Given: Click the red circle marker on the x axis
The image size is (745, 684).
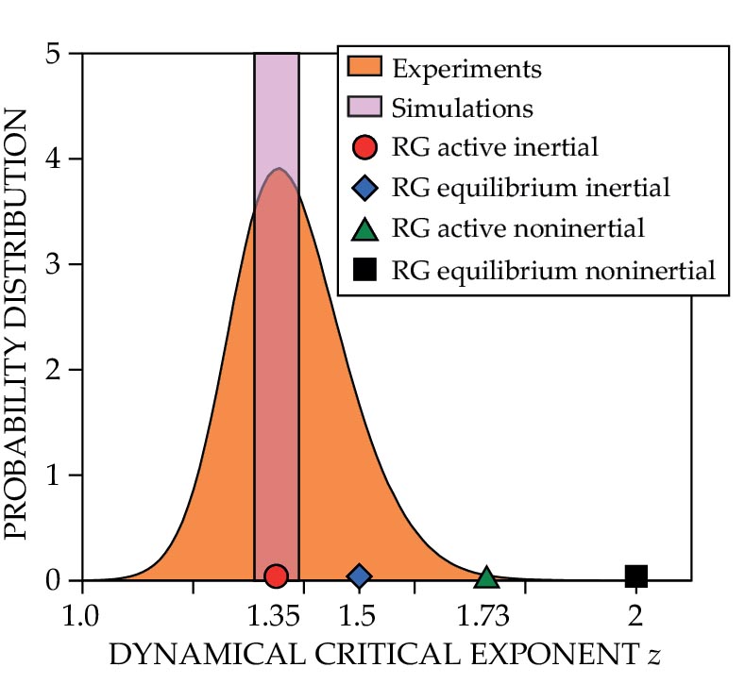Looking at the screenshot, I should click(x=276, y=576).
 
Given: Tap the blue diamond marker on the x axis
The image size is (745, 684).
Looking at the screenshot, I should click(x=359, y=576).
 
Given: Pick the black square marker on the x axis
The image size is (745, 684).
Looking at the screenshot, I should click(x=635, y=576).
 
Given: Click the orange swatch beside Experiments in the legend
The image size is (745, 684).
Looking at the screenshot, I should click(x=364, y=68).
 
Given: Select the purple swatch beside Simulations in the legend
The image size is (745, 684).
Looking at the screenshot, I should click(x=364, y=108).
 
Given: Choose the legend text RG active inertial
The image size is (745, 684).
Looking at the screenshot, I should click(x=495, y=147).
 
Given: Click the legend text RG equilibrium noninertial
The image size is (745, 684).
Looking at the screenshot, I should click(x=552, y=271).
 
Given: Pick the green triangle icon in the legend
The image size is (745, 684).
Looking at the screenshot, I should click(x=364, y=229).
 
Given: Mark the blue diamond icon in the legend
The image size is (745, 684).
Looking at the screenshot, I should click(x=364, y=188).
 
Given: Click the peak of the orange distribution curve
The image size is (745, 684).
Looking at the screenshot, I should click(x=278, y=170).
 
